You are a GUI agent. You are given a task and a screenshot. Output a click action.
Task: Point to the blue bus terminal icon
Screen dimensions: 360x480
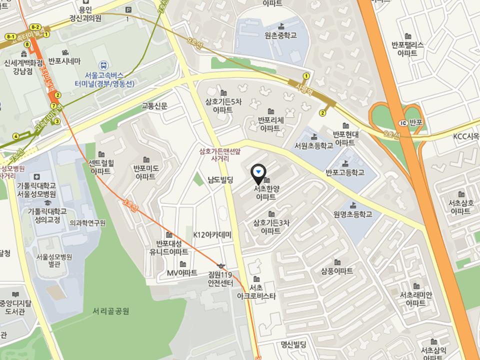[x=103, y=64]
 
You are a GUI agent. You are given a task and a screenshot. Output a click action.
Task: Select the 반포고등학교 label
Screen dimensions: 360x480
[x=344, y=173]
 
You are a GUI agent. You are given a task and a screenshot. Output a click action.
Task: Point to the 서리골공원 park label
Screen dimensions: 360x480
[x=111, y=311]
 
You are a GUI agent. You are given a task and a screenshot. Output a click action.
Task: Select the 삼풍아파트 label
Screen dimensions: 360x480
[x=337, y=270]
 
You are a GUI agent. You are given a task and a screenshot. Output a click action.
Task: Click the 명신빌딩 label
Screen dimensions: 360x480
[x=293, y=344]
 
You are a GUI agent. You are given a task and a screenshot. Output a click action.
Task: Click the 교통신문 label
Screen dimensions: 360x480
[x=154, y=105]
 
